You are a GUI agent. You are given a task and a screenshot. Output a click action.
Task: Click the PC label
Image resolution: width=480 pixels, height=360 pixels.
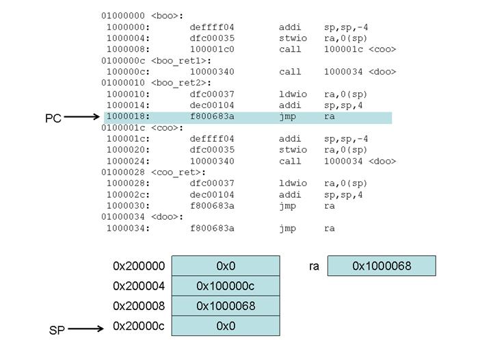point(53,118)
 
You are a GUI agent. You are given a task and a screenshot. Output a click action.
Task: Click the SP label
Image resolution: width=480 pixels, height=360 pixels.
point(57,330)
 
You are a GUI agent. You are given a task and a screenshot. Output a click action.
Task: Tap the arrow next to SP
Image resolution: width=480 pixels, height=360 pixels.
point(85,329)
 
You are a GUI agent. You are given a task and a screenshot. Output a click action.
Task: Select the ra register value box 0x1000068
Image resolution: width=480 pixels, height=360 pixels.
point(382,266)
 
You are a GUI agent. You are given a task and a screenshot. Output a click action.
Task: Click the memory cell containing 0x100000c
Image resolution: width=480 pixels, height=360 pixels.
point(226,285)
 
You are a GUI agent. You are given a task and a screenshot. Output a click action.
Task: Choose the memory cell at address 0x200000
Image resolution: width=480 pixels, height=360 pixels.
point(226,266)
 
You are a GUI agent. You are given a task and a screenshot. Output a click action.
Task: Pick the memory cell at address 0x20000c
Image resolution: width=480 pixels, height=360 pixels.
point(226,326)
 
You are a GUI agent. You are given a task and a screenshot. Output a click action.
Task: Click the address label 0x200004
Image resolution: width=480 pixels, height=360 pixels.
point(139,285)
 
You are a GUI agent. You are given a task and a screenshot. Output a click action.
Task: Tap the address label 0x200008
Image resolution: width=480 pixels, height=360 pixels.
point(139,305)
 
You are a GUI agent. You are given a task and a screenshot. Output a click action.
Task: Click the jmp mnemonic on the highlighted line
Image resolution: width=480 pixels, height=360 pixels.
point(287,117)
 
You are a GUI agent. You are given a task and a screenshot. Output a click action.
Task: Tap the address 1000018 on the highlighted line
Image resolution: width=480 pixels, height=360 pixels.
point(128,117)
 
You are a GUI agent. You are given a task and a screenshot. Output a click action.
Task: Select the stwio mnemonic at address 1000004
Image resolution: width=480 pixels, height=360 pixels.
point(293,38)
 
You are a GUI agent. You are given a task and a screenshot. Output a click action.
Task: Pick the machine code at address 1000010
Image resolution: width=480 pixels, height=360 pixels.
point(212,94)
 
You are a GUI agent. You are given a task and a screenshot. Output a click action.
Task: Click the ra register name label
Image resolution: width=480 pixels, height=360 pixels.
point(315,266)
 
